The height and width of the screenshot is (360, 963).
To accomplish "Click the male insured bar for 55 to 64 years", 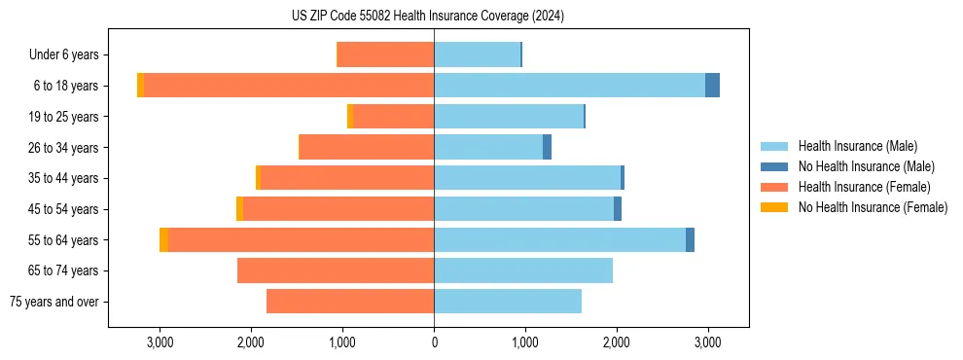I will click(x=559, y=240).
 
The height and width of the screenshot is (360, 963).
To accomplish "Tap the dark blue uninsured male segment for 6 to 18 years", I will click(x=712, y=86).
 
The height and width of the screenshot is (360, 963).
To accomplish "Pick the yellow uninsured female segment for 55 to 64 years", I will click(x=163, y=240).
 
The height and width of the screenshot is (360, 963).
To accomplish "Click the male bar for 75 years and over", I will click(x=508, y=302).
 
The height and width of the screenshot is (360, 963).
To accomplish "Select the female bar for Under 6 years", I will click(x=385, y=54).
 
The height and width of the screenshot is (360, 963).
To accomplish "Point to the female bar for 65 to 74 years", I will click(x=336, y=270).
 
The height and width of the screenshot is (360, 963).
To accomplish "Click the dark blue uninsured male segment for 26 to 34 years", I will click(x=547, y=147).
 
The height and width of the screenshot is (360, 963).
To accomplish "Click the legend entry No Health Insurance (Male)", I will click(x=866, y=166).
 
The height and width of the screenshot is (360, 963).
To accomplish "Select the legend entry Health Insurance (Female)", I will click(x=864, y=187).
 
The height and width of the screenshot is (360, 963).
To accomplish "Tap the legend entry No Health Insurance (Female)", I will click(x=873, y=207).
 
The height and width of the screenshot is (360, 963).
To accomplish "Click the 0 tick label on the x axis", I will click(x=434, y=342).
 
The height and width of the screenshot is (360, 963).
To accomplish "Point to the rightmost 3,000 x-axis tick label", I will click(x=707, y=342).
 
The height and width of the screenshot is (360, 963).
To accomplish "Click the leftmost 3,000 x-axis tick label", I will click(x=160, y=342).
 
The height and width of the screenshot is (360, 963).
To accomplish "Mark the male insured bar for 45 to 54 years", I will click(x=523, y=209).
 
